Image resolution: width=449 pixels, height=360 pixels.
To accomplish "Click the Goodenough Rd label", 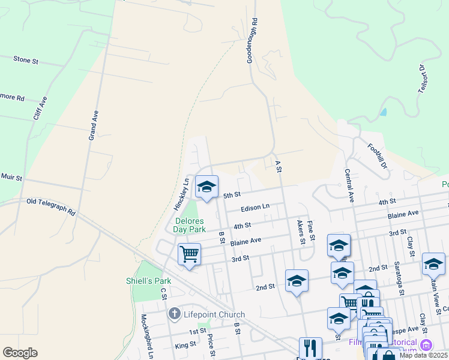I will click(x=252, y=40).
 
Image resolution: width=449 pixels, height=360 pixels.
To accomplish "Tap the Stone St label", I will click(x=25, y=60).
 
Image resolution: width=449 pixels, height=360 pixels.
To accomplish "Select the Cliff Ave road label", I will click(x=40, y=109).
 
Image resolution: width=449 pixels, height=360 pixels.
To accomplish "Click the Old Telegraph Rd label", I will click(x=51, y=206).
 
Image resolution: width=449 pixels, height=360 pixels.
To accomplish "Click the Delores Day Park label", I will click(x=190, y=225).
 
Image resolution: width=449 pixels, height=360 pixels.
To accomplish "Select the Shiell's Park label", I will click(x=148, y=281).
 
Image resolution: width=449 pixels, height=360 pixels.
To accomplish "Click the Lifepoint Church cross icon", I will click(x=174, y=313).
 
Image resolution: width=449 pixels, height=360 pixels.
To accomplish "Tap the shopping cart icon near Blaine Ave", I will click(x=189, y=254).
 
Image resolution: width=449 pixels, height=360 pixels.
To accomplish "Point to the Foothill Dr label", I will click(x=378, y=155).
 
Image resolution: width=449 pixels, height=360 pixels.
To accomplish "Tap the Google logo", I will click(x=20, y=353).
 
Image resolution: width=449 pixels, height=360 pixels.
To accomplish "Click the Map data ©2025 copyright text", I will click(x=423, y=355).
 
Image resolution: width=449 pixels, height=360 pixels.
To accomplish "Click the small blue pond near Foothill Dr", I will click(x=383, y=112).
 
